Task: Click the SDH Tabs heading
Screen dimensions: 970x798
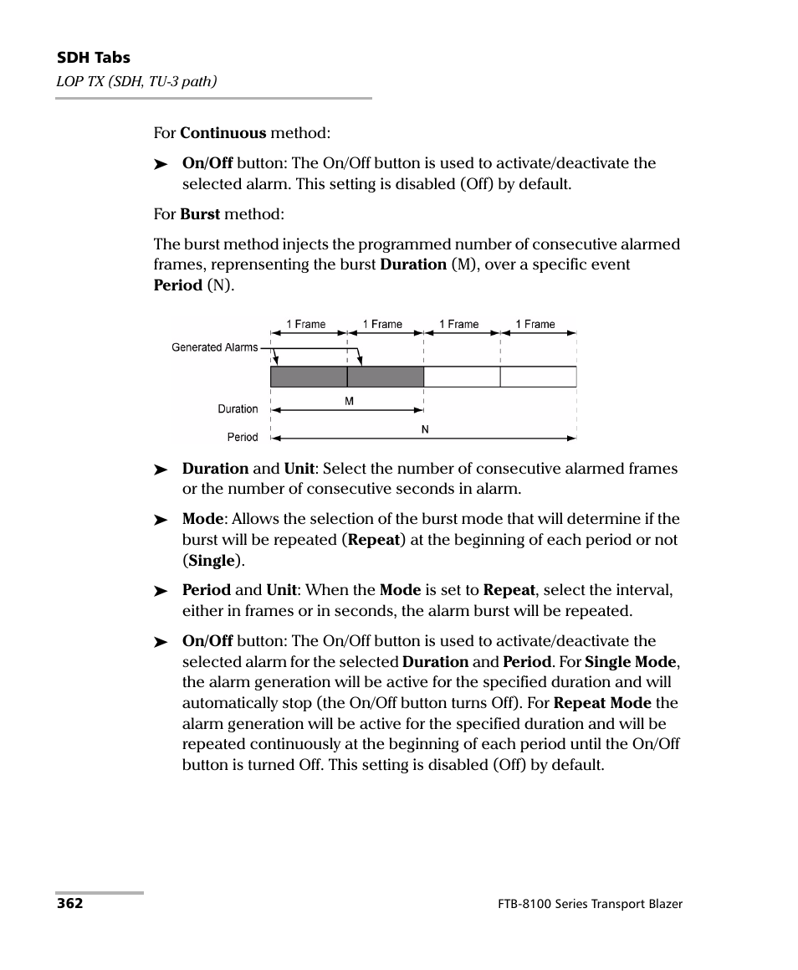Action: click(93, 58)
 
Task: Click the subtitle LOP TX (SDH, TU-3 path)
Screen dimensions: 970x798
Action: click(136, 80)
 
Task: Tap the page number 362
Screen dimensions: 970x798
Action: click(69, 904)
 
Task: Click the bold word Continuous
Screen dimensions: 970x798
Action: click(223, 133)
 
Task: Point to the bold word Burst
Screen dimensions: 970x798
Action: click(199, 214)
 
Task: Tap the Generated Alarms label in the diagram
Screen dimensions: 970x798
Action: click(214, 347)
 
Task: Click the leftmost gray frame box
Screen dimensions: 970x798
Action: click(308, 377)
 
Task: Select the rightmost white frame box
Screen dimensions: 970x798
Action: click(538, 377)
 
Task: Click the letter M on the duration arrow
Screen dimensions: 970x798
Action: click(349, 401)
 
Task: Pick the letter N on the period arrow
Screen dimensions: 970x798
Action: click(425, 429)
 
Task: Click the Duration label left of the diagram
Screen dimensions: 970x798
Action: click(238, 409)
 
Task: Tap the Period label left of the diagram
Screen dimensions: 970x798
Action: click(243, 437)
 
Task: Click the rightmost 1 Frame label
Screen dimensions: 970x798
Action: click(535, 325)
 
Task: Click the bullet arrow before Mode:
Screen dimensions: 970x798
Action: click(161, 521)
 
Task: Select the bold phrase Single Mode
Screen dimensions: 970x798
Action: click(631, 661)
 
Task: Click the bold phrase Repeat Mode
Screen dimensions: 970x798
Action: click(602, 703)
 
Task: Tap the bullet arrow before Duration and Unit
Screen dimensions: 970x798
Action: click(161, 470)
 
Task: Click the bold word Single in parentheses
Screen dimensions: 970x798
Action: click(212, 561)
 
